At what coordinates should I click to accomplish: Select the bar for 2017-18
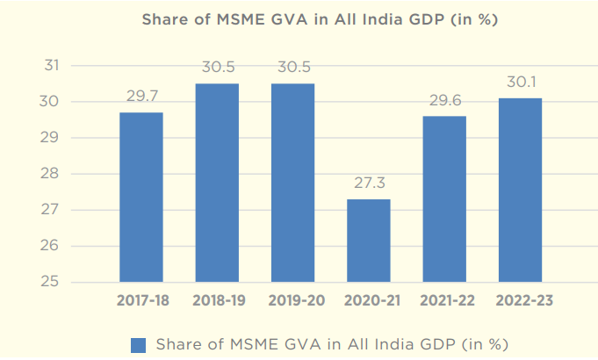tap(141, 197)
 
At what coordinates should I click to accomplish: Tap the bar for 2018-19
tap(217, 183)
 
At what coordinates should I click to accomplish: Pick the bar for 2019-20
tap(292, 183)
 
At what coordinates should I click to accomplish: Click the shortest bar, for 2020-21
tap(368, 241)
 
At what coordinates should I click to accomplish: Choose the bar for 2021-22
tap(443, 199)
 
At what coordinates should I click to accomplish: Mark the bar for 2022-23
tap(519, 190)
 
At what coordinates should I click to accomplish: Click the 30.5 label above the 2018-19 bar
tap(217, 67)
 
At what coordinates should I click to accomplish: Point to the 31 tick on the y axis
tap(52, 66)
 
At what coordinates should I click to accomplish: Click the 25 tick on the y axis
tap(52, 282)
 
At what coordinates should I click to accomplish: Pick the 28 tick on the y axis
tap(52, 174)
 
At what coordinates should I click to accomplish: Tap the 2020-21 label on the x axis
tap(368, 300)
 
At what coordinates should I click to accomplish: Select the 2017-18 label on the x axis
tap(141, 300)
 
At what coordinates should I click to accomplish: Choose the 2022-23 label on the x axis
tap(519, 300)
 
